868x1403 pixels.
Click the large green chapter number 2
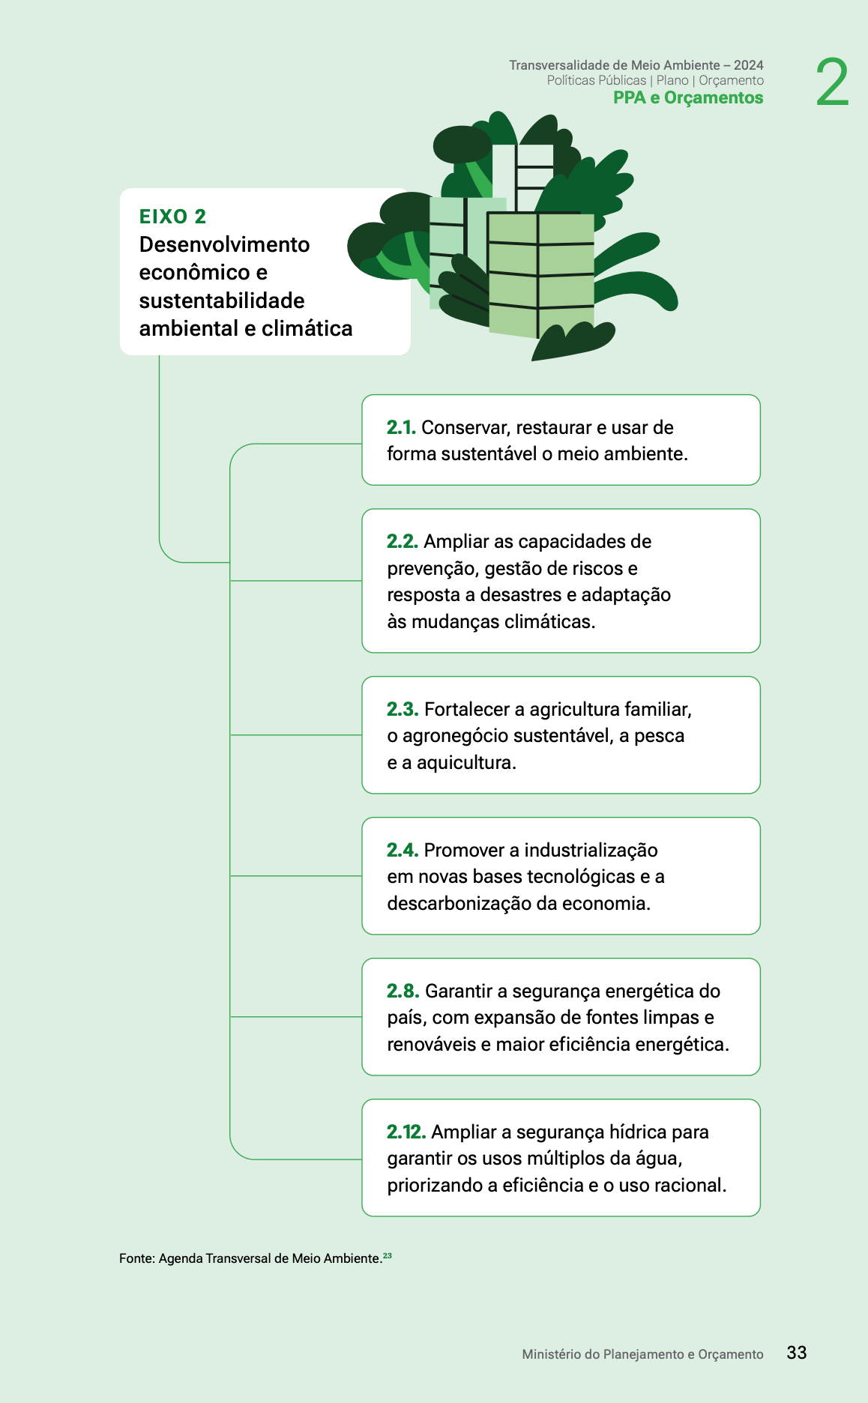point(832,82)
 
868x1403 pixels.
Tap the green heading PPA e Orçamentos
point(688,98)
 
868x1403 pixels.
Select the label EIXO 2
point(172,217)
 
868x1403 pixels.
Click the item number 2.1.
point(401,428)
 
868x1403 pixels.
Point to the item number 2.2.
point(403,542)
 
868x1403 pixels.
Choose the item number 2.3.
point(403,710)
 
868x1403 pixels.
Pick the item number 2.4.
point(403,851)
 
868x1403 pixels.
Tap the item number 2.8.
point(403,992)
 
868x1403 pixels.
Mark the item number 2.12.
point(406,1132)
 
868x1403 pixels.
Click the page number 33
point(797,1353)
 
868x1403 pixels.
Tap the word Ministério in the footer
point(552,1355)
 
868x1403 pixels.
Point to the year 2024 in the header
point(748,66)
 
